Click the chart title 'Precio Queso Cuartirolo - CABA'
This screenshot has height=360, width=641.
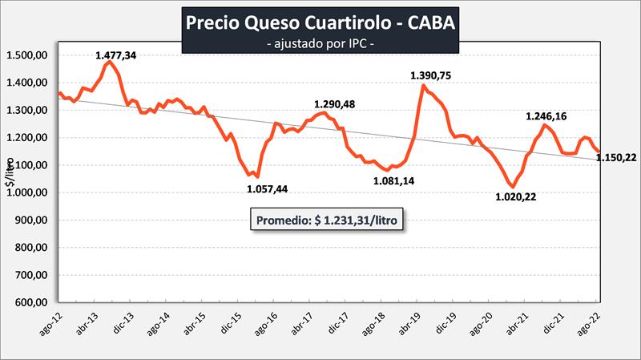[x=320, y=22]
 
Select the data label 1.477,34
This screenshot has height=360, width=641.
[x=118, y=55]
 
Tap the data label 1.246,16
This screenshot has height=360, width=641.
[x=547, y=117]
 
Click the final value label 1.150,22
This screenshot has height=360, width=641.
[x=618, y=157]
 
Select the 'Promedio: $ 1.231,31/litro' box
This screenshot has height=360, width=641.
[x=327, y=220]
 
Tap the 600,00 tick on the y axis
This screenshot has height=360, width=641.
[x=30, y=303]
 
